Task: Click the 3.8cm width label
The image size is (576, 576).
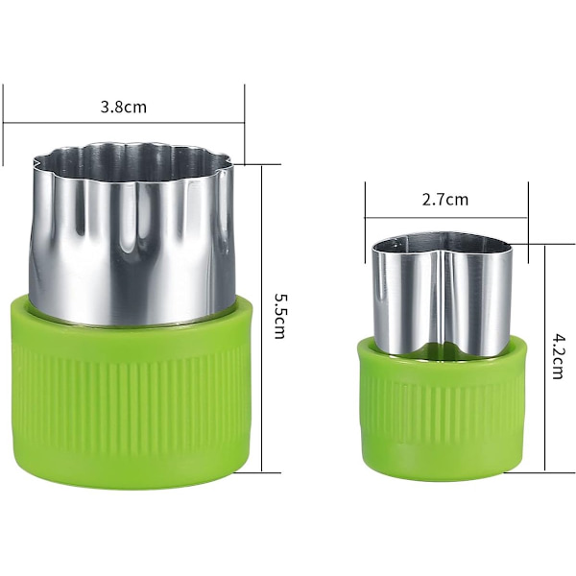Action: click(124, 108)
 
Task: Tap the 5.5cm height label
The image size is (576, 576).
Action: click(280, 316)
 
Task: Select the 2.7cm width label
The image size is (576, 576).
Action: click(445, 201)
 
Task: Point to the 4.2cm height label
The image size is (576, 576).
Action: click(558, 355)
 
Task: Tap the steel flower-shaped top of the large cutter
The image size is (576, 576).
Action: click(132, 235)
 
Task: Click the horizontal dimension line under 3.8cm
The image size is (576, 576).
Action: click(124, 123)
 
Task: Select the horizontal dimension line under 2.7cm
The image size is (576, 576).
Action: click(446, 218)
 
